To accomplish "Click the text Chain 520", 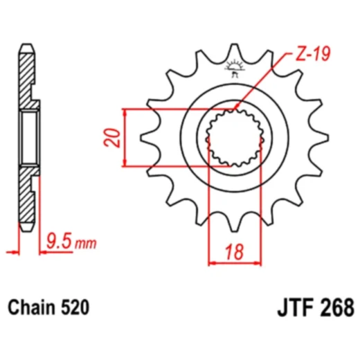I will click(48, 305).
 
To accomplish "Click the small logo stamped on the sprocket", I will click(233, 68).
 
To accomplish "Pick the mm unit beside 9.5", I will click(86, 244).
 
